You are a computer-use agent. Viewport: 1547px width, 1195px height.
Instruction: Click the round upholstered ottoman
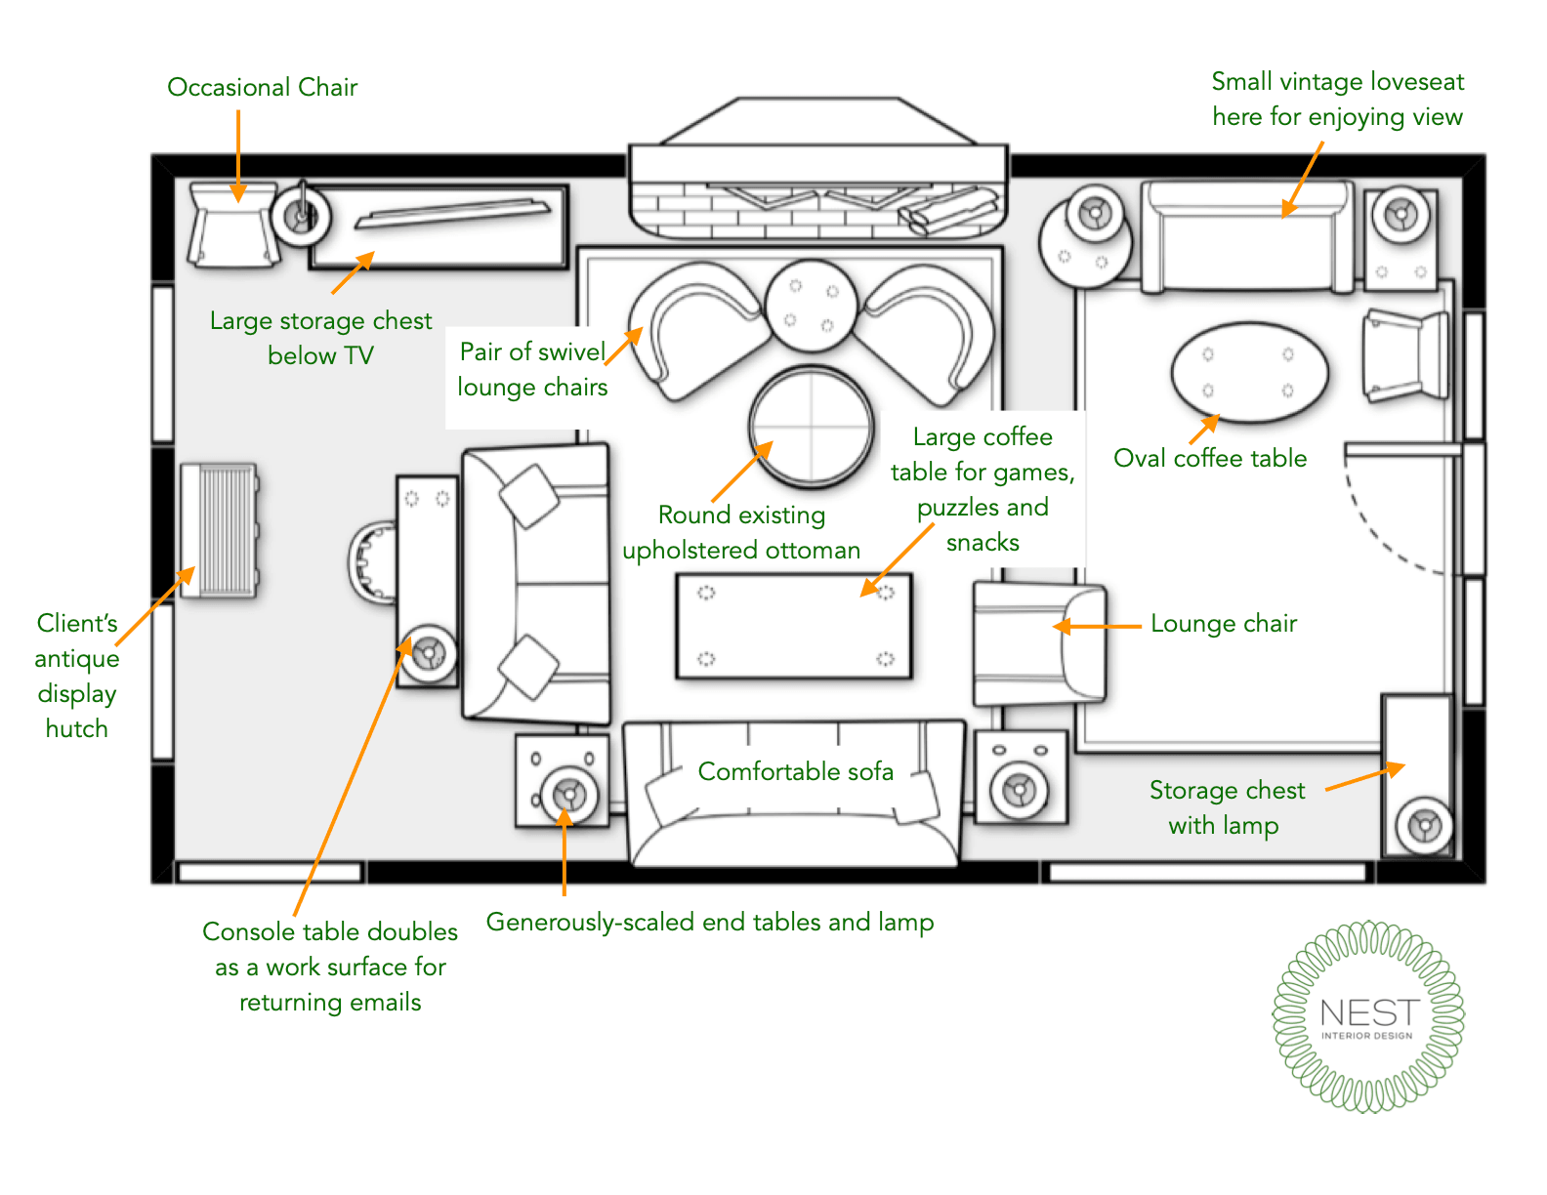point(811,426)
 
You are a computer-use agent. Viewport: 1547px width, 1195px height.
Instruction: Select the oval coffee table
point(1249,372)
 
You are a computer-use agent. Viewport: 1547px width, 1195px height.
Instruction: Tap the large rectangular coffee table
point(794,626)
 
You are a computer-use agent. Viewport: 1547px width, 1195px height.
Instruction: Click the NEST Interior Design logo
point(1368,1016)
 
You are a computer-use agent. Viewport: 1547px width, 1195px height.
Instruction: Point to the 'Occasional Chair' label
point(262,88)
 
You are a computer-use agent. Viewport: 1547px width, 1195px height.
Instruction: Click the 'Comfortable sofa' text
point(795,772)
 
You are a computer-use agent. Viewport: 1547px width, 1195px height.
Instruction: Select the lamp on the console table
point(428,652)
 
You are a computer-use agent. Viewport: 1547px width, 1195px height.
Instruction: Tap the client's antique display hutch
point(220,530)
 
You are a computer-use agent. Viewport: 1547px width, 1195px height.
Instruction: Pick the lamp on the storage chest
point(1424,826)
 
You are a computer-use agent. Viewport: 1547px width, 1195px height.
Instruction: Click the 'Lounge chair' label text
point(1224,624)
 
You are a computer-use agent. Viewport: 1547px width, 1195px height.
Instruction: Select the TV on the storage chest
point(451,213)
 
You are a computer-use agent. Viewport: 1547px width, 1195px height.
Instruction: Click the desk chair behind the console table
point(371,562)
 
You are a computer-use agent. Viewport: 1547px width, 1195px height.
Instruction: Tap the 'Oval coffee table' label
point(1210,459)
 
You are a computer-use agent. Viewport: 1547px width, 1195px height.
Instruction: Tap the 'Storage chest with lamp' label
point(1226,807)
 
